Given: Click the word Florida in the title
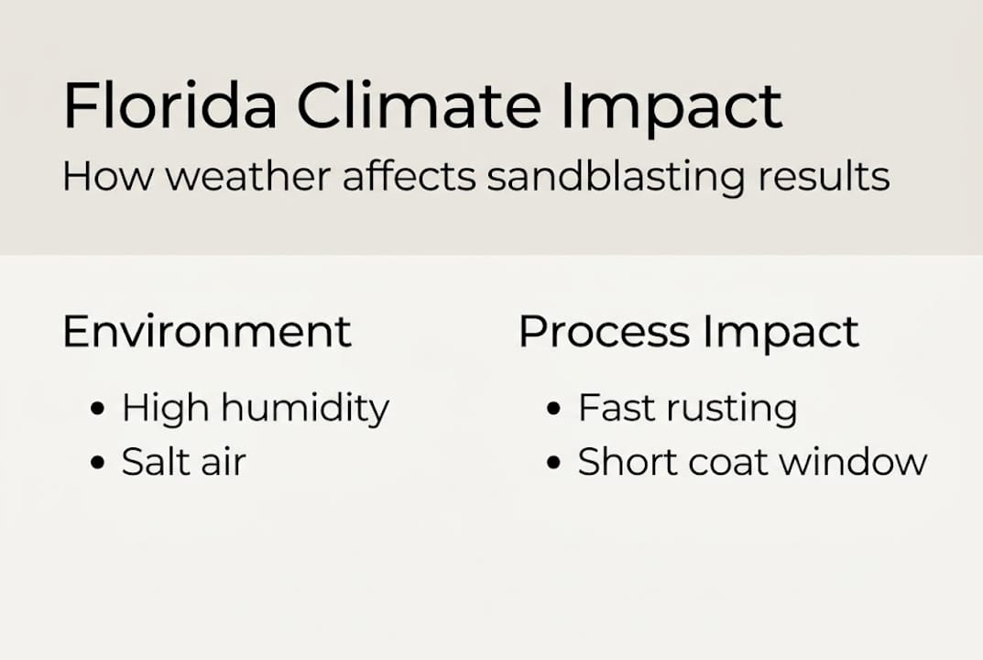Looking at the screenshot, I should click(169, 106).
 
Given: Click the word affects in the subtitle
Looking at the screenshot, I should click(409, 176).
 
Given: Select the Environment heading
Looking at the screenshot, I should click(207, 331).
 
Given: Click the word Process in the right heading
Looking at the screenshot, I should click(603, 332).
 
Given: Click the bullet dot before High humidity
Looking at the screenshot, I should click(98, 409).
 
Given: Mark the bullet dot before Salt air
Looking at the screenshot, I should click(98, 463).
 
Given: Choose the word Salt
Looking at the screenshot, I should click(153, 462).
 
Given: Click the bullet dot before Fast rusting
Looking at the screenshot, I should click(552, 409).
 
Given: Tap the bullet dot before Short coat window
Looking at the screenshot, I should click(552, 463).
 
